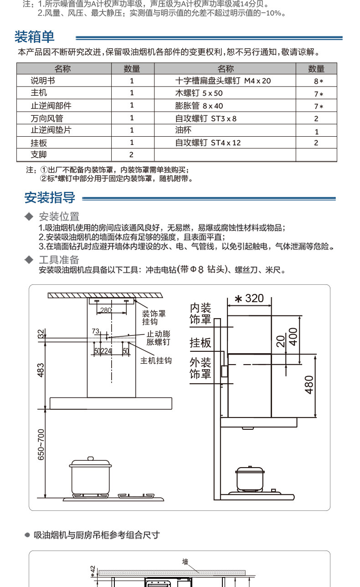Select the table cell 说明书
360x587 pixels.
click(x=43, y=81)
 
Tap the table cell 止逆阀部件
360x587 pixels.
click(x=51, y=105)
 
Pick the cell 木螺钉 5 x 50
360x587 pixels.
click(x=199, y=93)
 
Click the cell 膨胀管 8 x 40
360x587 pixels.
click(x=199, y=106)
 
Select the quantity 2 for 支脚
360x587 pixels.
click(x=131, y=155)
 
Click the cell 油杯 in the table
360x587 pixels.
click(x=183, y=130)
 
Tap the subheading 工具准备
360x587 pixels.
click(x=59, y=260)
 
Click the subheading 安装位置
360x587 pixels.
click(x=59, y=216)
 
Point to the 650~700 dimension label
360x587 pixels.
click(x=41, y=444)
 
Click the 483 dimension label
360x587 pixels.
click(x=41, y=371)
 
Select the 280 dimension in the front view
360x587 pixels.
click(x=106, y=310)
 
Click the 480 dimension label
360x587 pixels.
click(x=309, y=385)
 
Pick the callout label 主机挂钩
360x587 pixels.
click(x=156, y=360)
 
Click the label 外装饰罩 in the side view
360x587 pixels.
click(x=201, y=368)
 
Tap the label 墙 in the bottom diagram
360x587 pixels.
click(x=185, y=562)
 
